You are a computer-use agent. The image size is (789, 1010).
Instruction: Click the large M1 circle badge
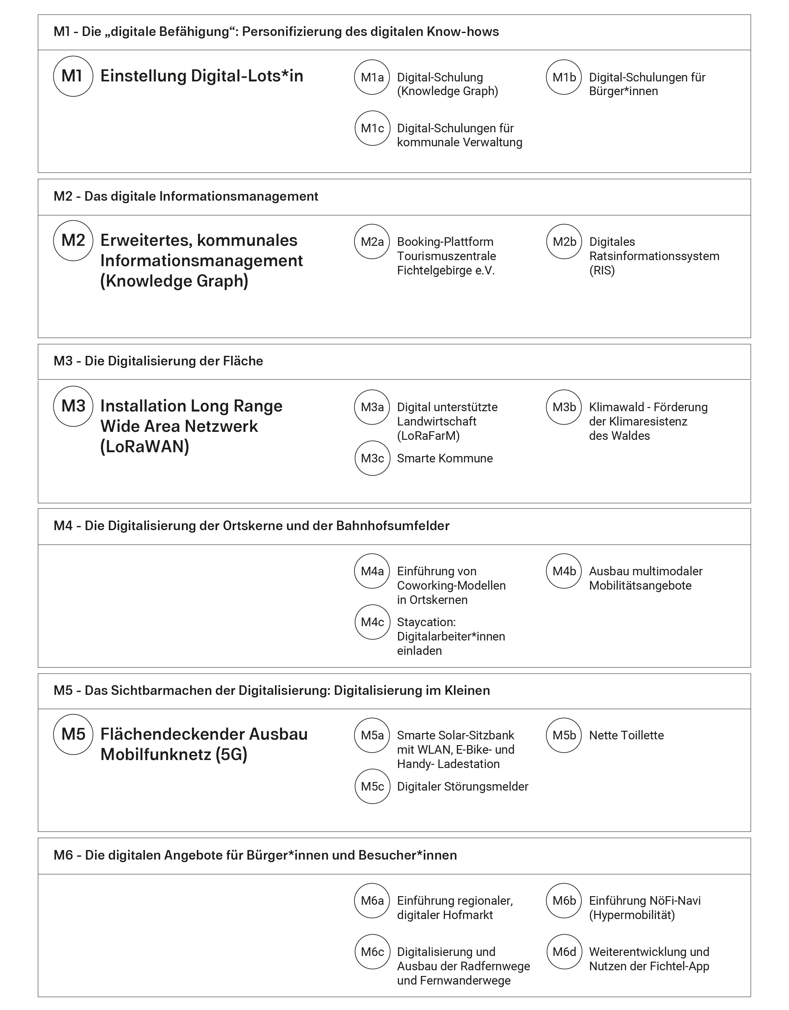point(73,76)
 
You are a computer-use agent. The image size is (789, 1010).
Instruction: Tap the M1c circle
point(372,128)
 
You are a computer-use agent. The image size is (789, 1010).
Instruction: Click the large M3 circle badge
point(73,406)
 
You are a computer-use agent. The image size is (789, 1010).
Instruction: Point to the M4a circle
point(372,571)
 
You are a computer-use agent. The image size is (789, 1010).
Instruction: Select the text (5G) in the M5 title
point(231,754)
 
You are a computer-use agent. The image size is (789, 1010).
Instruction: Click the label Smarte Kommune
point(445,458)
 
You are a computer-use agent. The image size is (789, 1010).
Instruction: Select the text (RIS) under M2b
point(602,271)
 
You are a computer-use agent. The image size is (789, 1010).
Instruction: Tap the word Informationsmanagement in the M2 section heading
point(238,197)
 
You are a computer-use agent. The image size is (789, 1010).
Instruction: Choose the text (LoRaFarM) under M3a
point(428,436)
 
